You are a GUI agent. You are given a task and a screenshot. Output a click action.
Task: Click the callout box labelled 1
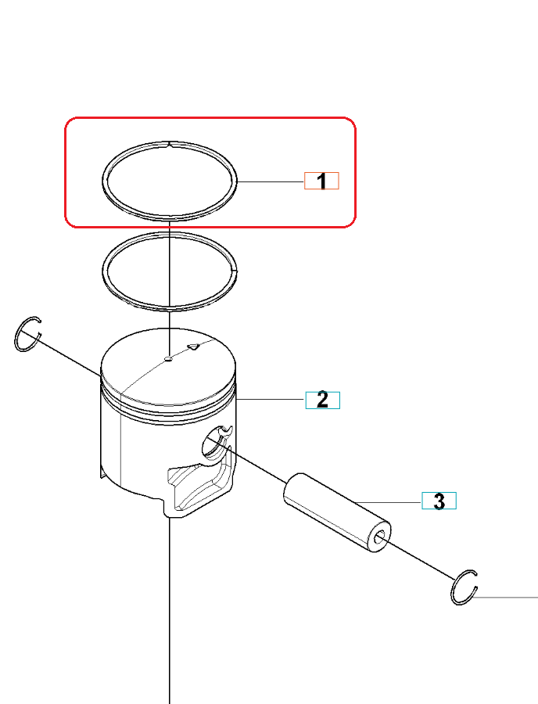[321, 181]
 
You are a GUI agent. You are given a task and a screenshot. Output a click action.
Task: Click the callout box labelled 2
[323, 400]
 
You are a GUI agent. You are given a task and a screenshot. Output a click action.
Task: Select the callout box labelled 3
[439, 501]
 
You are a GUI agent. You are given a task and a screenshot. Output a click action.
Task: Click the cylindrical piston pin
[336, 512]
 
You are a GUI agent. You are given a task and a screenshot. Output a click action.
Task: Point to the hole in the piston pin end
[380, 537]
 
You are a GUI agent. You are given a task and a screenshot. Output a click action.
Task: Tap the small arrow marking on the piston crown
[193, 346]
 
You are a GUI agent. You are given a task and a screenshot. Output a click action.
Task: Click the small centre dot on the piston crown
[169, 358]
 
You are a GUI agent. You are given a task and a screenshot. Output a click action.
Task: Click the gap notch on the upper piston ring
[170, 144]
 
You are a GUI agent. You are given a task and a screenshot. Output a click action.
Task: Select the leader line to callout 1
[271, 181]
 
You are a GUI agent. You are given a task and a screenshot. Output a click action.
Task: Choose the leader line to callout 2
[271, 399]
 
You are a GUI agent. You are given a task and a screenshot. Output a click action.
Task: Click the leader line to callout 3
[388, 502]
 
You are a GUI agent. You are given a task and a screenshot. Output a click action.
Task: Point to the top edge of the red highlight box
[210, 118]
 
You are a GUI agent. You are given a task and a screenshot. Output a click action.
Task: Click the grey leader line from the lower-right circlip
[505, 598]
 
